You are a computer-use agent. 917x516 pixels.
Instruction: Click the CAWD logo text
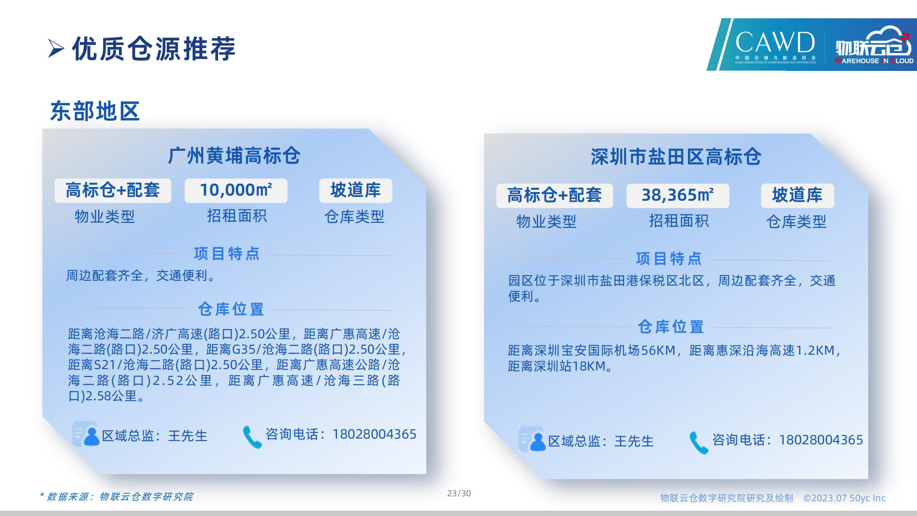pos(775,42)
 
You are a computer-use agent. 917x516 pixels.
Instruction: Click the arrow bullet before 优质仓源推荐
pos(56,49)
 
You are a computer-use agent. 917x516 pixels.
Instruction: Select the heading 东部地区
pos(95,111)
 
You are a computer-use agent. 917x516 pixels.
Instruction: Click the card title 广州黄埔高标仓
pos(234,156)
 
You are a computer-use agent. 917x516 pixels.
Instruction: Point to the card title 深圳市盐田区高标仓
pos(676,157)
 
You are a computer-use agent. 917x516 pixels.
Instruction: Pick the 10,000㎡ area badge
pos(236,191)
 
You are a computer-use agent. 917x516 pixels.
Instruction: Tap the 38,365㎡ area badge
pos(678,196)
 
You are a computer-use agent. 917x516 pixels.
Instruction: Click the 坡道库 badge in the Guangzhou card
pos(356,191)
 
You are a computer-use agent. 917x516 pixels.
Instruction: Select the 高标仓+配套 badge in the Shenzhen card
pos(554,196)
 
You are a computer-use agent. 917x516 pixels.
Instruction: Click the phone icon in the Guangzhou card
pos(252,437)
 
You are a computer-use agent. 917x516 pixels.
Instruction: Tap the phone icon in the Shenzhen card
pos(698,443)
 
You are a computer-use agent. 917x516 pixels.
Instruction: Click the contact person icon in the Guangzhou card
pos(86,434)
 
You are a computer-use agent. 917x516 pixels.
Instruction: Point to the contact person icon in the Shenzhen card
pos(532,439)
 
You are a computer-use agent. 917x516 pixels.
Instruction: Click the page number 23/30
pos(459,493)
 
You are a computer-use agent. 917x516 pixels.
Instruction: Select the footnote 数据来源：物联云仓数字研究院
pos(117,497)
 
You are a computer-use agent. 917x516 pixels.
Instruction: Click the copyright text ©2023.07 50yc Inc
pos(845,498)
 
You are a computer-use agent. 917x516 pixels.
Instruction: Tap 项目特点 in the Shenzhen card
pos(669,259)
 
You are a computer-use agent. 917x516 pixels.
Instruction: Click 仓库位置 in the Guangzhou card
pos(231,310)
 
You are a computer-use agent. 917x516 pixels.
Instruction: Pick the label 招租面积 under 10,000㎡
pos(237,216)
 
